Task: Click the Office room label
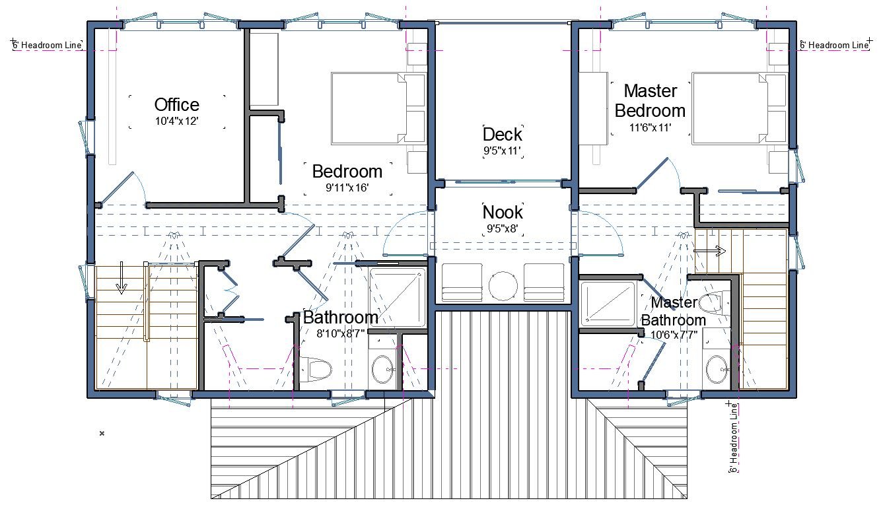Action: [x=176, y=105]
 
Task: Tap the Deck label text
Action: [x=502, y=134]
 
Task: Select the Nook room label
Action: [x=503, y=213]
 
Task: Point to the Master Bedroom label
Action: [x=650, y=101]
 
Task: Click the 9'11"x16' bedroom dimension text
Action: [x=347, y=188]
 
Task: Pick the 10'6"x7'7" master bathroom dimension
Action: [x=674, y=335]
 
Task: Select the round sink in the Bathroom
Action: [x=382, y=369]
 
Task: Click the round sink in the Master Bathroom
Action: [x=717, y=369]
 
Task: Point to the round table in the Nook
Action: [x=503, y=286]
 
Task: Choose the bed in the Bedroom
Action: [x=378, y=108]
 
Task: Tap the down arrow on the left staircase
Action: [x=122, y=278]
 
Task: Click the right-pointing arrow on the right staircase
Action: [x=709, y=251]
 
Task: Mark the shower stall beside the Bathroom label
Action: [x=398, y=297]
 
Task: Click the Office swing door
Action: [x=117, y=188]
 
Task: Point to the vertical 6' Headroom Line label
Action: [x=734, y=438]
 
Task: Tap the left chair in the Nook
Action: [x=462, y=282]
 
